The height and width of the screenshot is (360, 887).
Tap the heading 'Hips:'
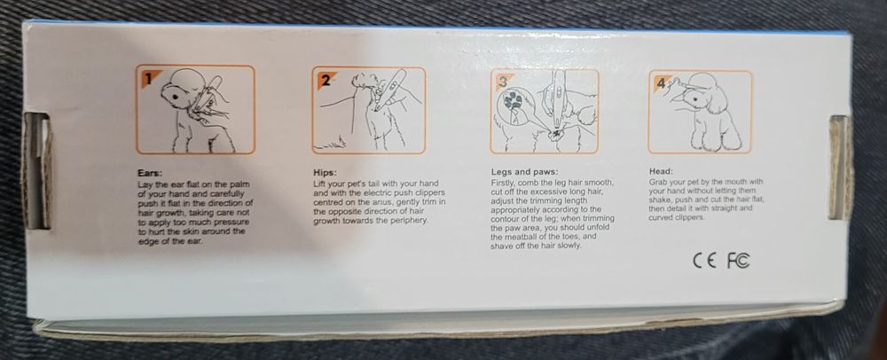point(326,172)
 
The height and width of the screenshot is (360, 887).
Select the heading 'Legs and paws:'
point(525,172)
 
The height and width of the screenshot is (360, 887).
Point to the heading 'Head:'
point(662,170)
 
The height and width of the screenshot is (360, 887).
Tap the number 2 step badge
point(325,81)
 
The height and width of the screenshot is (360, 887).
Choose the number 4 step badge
point(660,82)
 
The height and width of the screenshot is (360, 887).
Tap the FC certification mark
point(738,260)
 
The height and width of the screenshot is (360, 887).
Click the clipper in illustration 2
point(389,91)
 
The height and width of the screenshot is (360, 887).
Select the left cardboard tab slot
point(36,170)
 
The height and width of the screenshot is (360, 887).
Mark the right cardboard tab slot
point(840,167)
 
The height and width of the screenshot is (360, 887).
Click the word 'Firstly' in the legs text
point(503,184)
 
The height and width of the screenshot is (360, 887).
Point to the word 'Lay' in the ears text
point(144,185)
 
